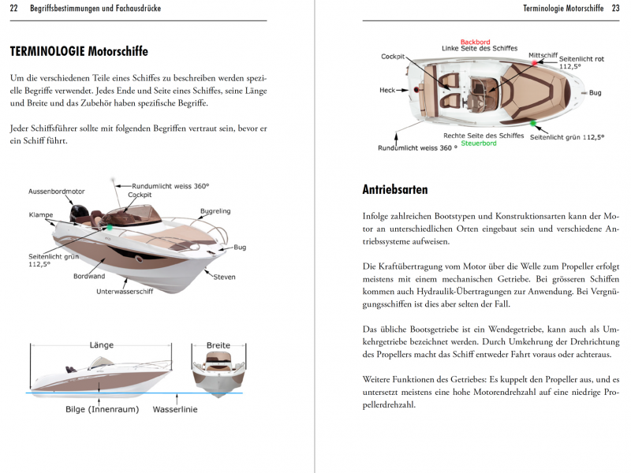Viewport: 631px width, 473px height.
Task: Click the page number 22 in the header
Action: pyautogui.click(x=13, y=9)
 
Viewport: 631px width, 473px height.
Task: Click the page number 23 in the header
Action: pyautogui.click(x=615, y=9)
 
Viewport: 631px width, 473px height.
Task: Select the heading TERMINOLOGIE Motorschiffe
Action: pyautogui.click(x=79, y=51)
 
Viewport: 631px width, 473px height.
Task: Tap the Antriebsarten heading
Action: pyautogui.click(x=395, y=190)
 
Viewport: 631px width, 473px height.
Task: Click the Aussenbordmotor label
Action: pyautogui.click(x=57, y=192)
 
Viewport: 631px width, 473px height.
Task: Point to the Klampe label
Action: pyautogui.click(x=41, y=214)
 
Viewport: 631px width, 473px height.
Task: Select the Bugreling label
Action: pyautogui.click(x=216, y=211)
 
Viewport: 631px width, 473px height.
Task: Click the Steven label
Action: pyautogui.click(x=224, y=277)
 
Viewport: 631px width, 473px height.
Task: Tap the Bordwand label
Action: pyautogui.click(x=88, y=277)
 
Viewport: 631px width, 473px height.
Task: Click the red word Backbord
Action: pyautogui.click(x=476, y=42)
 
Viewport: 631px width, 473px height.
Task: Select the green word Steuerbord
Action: pyautogui.click(x=479, y=143)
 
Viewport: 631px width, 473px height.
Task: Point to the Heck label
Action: pyautogui.click(x=387, y=90)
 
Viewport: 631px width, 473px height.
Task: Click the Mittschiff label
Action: pyautogui.click(x=543, y=56)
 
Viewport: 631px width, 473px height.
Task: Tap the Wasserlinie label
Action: pyautogui.click(x=175, y=409)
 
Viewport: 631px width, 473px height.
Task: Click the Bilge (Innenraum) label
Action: pyautogui.click(x=103, y=409)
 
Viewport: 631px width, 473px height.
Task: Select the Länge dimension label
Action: pyautogui.click(x=102, y=345)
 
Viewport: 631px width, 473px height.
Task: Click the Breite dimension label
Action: pyautogui.click(x=218, y=345)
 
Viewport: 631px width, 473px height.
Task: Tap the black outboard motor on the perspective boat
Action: pyautogui.click(x=78, y=214)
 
